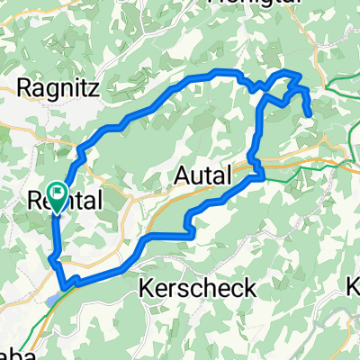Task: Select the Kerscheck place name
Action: click(x=198, y=288)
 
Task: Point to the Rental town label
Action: click(x=66, y=200)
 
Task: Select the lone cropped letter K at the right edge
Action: click(x=353, y=288)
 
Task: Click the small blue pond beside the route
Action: click(x=56, y=294)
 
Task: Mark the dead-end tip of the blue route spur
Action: click(x=310, y=115)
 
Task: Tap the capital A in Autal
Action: click(x=178, y=174)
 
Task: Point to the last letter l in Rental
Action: click(x=100, y=200)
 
